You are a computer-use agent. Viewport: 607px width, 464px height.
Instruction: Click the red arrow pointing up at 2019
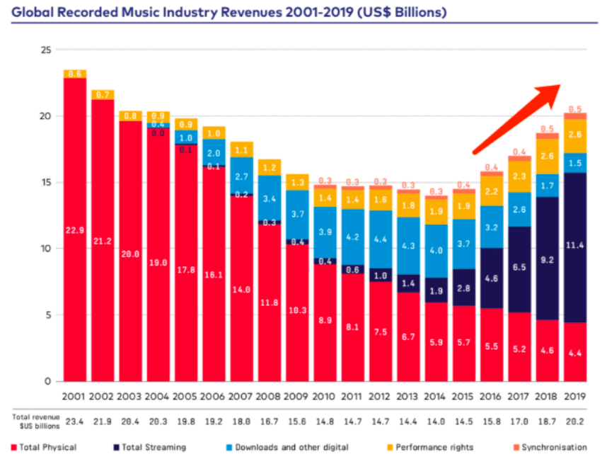[517, 118]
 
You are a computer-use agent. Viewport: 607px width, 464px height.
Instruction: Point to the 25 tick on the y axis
[46, 50]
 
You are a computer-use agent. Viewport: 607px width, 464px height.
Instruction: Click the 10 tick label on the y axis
[46, 249]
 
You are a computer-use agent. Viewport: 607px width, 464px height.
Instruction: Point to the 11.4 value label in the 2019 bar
[574, 246]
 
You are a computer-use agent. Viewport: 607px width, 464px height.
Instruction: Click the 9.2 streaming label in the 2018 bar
[547, 261]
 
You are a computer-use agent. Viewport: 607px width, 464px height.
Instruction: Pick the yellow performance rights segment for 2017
[519, 176]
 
